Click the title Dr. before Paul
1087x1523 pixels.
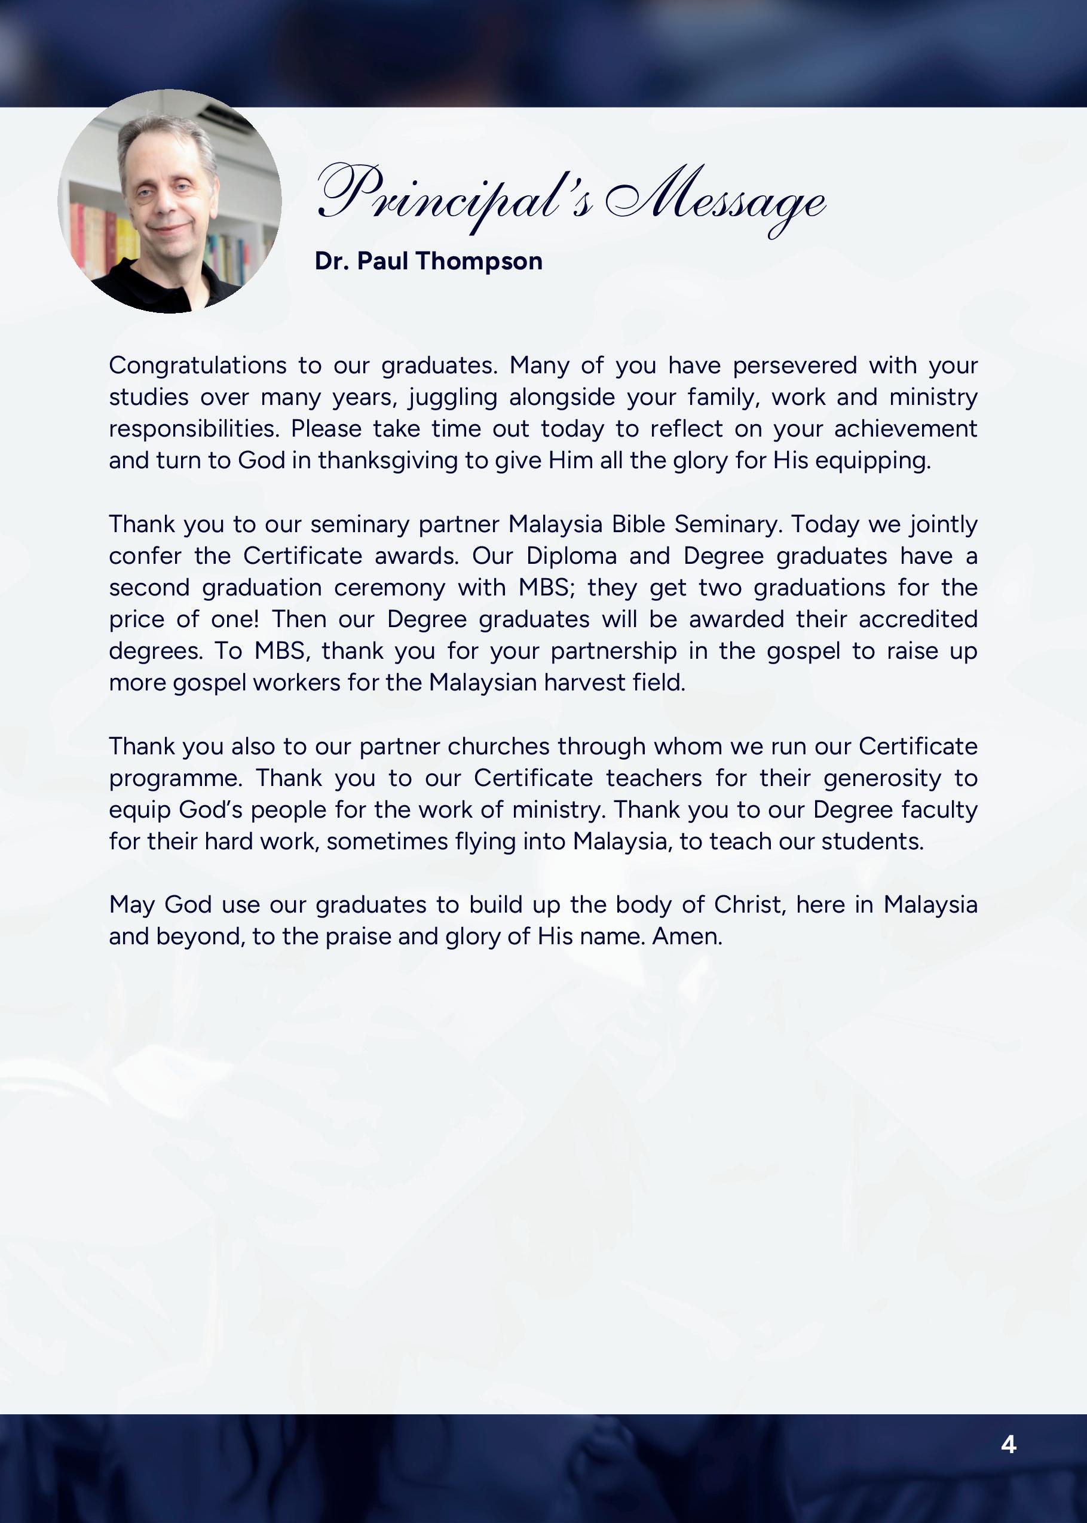coord(332,261)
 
